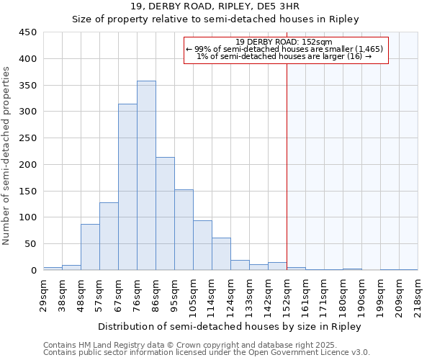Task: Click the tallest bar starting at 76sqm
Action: pos(146,176)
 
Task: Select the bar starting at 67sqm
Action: pos(127,187)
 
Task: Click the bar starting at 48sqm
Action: pos(90,247)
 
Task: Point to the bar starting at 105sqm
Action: pos(202,246)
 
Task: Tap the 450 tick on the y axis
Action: pos(28,32)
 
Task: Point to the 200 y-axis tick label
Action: pos(28,165)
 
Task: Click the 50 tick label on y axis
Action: pos(31,244)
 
